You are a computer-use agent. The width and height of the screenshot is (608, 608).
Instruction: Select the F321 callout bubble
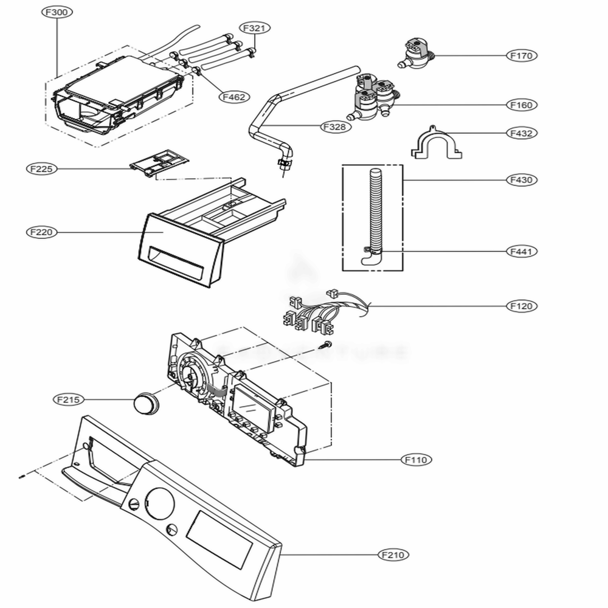tap(255, 28)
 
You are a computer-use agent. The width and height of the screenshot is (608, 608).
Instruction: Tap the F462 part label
tap(233, 96)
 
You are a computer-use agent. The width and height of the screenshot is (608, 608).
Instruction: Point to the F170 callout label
tap(522, 56)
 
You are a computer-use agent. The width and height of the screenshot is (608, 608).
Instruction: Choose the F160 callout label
tap(522, 105)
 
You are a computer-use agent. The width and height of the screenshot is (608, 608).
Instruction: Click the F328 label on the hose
tap(335, 126)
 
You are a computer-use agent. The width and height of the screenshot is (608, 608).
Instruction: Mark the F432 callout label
tap(522, 133)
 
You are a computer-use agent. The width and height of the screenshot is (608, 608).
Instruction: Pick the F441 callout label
tap(522, 251)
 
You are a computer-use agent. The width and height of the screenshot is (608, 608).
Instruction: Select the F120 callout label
tap(522, 306)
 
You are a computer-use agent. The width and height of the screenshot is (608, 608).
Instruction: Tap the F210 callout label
tap(393, 554)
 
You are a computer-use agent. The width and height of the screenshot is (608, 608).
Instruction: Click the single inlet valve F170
tap(418, 54)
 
